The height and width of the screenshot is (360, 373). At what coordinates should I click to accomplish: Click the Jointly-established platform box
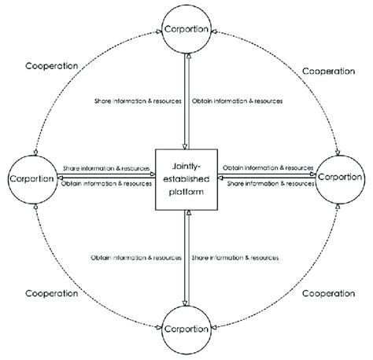coord(186,179)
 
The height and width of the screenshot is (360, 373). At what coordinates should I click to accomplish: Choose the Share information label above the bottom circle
coord(235,257)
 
